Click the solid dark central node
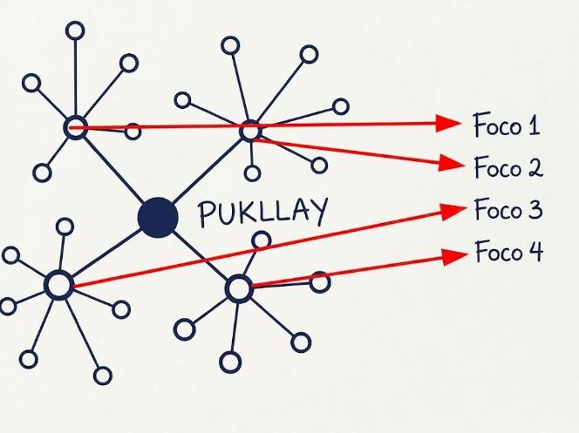158,218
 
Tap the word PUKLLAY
263,212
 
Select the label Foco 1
507,125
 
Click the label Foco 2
508,167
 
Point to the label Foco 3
508,209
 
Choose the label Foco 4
509,252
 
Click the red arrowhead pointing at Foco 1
448,123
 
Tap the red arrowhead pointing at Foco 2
452,163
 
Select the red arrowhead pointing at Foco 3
453,210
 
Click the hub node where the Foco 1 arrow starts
75,127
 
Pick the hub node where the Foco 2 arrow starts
251,130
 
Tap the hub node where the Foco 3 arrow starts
58,285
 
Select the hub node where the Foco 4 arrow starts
239,288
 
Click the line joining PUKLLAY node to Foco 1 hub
114,171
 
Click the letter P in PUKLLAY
205,214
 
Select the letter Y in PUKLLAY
320,211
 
